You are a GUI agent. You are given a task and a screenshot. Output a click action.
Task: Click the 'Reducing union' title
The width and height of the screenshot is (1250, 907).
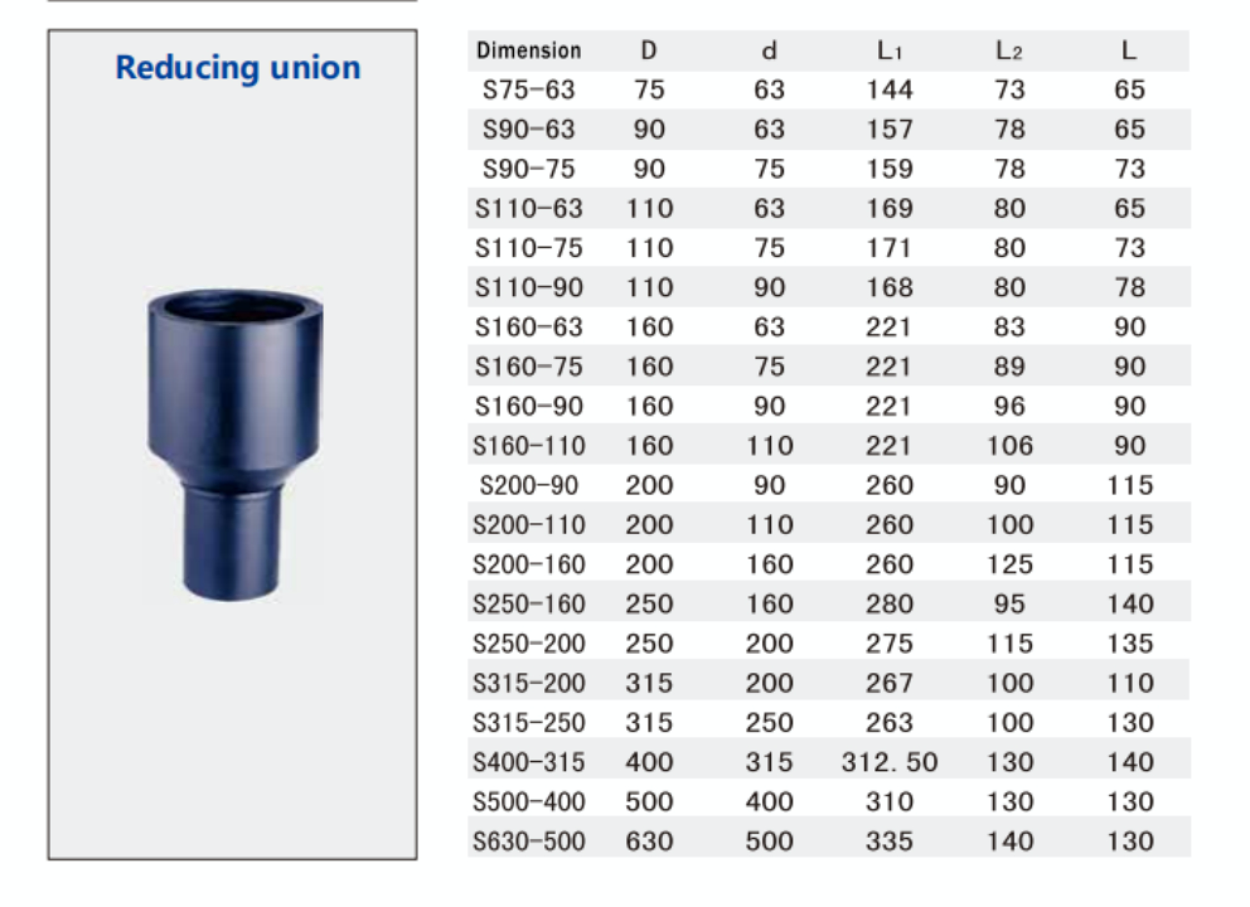(238, 67)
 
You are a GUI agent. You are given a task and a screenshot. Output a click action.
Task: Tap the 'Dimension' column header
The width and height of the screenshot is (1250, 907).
(529, 50)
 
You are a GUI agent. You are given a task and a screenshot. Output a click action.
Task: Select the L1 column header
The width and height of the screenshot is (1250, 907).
(889, 50)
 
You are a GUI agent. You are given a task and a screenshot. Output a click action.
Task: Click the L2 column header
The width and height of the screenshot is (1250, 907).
(1009, 50)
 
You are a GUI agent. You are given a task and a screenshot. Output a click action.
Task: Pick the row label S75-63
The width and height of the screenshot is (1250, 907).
(529, 89)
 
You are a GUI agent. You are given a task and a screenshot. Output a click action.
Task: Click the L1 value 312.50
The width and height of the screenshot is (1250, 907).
(889, 762)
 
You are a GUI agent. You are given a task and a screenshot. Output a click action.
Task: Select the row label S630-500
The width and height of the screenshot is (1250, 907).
(529, 841)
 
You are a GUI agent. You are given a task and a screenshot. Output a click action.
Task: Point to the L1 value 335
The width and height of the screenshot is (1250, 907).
(889, 841)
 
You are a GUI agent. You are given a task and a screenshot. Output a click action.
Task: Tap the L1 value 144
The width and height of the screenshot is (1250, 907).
(889, 89)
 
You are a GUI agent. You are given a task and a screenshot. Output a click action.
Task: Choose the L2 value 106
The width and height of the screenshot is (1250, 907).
(1009, 446)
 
